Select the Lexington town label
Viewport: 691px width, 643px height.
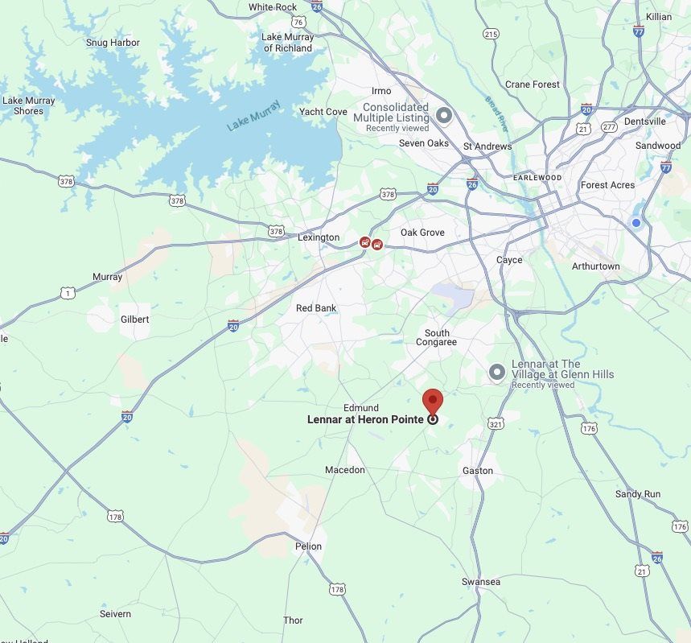point(319,238)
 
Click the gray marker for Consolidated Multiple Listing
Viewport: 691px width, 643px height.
point(444,115)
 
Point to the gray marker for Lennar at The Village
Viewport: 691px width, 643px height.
point(497,371)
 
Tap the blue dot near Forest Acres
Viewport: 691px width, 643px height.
point(636,222)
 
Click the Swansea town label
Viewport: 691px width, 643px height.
point(481,582)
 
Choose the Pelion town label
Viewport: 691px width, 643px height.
point(308,546)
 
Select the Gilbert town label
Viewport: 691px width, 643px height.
point(135,319)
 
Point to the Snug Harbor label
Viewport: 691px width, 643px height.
point(113,43)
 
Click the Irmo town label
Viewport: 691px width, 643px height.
point(381,91)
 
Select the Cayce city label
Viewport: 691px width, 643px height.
point(509,260)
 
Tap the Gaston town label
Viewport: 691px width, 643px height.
point(478,471)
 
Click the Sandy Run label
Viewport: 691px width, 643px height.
point(638,494)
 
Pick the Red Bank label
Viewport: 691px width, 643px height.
point(316,308)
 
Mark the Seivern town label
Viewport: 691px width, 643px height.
point(115,614)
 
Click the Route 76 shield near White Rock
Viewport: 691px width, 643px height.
point(298,23)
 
